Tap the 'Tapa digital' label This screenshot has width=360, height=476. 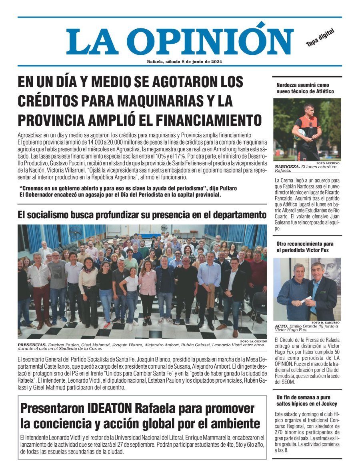tap(320, 38)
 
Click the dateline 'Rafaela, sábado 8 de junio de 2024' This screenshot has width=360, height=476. tap(184, 62)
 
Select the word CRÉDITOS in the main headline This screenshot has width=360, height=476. tap(52, 100)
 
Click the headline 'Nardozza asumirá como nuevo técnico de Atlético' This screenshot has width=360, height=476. tap(305, 88)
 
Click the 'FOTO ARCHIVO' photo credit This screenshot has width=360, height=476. tap(328, 163)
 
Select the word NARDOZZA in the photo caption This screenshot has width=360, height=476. tap(287, 167)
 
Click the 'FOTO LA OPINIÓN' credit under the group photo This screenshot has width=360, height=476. tap(254, 341)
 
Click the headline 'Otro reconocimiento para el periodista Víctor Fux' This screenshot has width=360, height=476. tap(305, 247)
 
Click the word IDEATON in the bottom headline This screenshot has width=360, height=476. tap(110, 409)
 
